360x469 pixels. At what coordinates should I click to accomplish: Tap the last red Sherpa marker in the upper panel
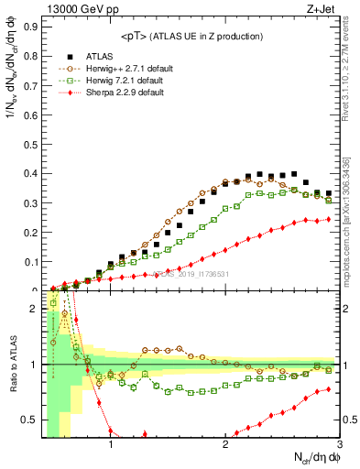click(x=329, y=219)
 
